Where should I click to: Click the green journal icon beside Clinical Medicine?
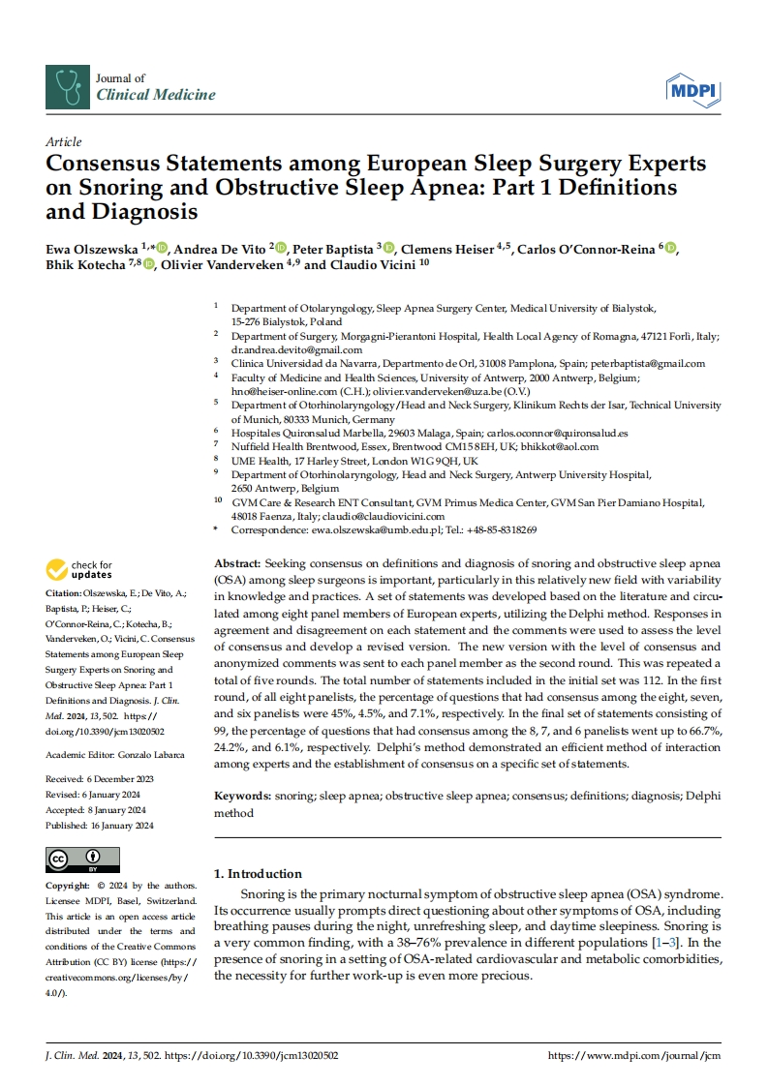66,87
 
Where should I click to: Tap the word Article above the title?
64,142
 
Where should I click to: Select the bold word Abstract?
236,563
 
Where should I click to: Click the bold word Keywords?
242,795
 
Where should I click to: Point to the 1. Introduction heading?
258,873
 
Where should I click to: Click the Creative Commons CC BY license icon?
83,860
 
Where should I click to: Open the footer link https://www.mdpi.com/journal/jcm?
634,1055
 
